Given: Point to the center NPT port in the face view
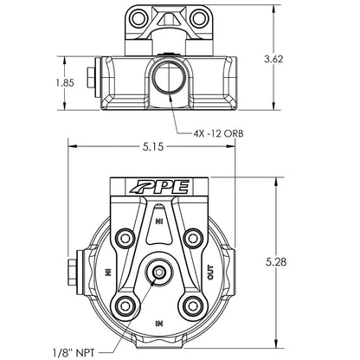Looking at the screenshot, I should [x=157, y=273].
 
